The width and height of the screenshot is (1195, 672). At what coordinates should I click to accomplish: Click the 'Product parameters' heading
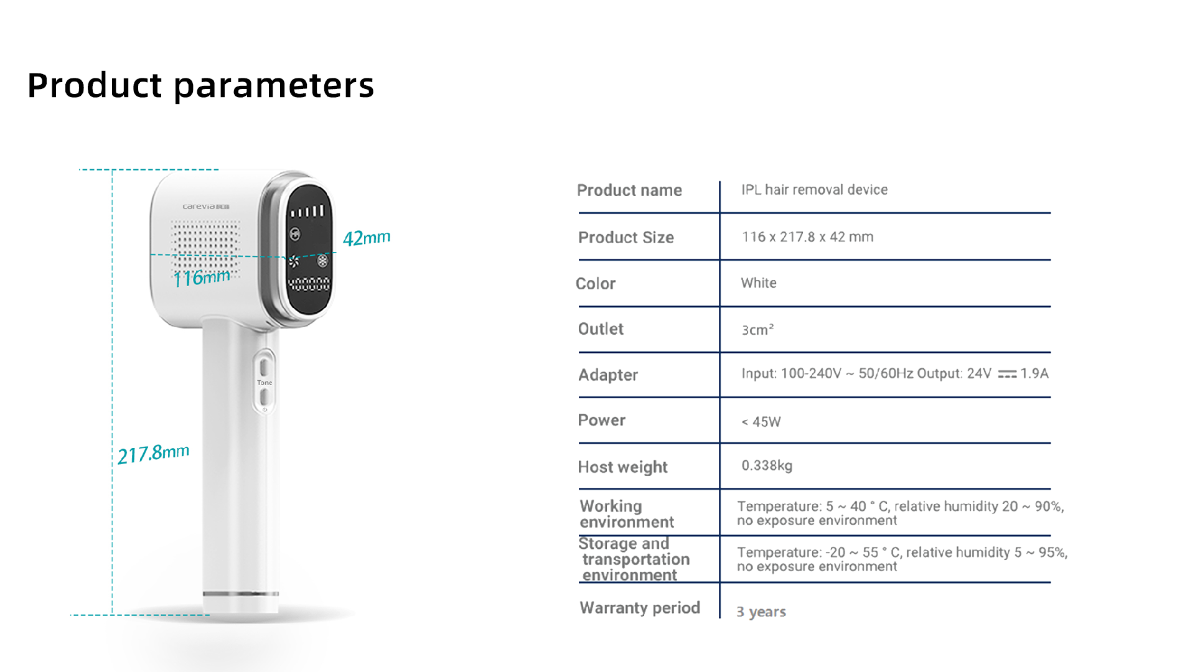[200, 85]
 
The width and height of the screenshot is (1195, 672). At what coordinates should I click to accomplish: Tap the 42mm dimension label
[367, 238]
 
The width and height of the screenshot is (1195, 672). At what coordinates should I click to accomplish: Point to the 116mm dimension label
[202, 278]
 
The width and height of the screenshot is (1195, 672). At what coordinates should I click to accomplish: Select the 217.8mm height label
[153, 454]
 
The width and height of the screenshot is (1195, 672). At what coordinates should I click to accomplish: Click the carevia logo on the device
[206, 207]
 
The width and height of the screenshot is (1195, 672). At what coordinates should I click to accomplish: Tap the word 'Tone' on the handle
[265, 383]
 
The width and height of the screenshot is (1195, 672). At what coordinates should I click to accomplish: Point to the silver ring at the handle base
[241, 594]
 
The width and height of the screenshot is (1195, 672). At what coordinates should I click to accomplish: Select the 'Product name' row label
[629, 190]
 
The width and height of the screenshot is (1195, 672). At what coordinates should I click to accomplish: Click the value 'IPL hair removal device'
[814, 190]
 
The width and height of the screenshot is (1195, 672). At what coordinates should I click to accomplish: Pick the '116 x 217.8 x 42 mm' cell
[807, 237]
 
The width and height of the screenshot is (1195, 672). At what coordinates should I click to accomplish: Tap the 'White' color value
[758, 283]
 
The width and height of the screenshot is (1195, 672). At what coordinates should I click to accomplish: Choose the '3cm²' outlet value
[757, 330]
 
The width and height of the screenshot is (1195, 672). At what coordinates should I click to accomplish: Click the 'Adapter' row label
[608, 375]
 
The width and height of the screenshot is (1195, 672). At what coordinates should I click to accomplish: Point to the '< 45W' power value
[761, 422]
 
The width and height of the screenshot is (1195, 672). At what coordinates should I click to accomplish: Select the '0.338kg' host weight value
[767, 466]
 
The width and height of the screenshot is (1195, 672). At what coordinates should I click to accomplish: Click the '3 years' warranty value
[761, 612]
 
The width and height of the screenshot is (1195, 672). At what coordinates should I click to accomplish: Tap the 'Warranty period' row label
[640, 608]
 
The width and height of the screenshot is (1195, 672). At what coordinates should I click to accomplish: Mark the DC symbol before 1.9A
[1007, 374]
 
